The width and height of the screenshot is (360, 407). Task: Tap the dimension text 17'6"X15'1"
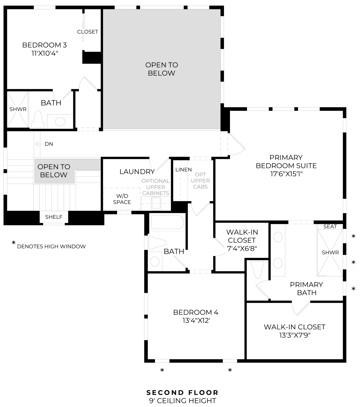286,174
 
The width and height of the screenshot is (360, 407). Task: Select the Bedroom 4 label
196,312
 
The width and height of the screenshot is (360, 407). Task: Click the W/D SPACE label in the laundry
122,199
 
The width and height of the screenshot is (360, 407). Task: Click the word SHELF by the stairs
54,217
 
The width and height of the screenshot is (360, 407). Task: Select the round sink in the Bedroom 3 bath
60,121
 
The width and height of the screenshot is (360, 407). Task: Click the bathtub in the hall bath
167,222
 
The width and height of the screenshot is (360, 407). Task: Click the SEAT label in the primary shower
330,226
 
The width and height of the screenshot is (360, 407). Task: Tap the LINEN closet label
183,170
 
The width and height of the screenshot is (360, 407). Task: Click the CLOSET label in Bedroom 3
88,32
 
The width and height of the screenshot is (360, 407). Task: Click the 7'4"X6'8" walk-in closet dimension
242,248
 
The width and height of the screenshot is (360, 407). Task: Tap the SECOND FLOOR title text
182,393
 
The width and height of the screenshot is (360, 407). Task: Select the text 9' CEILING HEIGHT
182,401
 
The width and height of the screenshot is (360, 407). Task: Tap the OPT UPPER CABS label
200,181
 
